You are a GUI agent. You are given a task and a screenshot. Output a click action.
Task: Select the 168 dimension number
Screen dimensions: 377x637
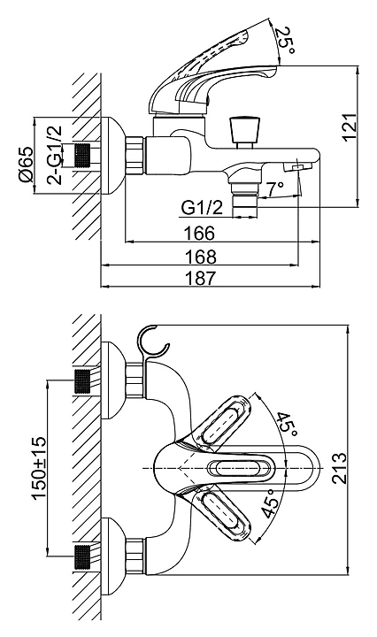pos(201,257)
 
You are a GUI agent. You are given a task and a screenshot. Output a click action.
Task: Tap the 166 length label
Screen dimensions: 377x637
pos(199,234)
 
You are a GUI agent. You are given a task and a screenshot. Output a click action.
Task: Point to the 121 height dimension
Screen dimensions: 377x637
pos(349,127)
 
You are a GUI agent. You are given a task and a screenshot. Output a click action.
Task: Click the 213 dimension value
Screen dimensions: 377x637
pos(339,468)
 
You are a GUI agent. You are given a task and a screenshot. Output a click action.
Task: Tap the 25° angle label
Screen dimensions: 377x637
pos(285,42)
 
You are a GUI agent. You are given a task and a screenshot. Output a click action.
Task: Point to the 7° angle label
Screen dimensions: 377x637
pos(275,188)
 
